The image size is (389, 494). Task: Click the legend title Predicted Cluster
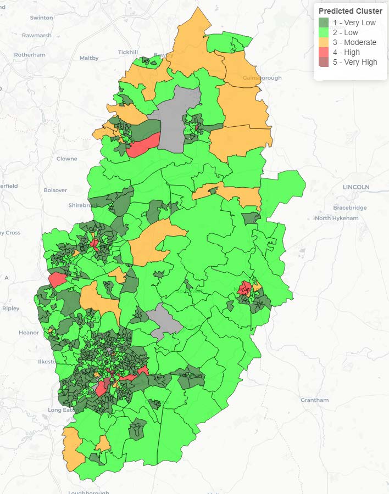point(350,11)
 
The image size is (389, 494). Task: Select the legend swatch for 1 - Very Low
point(324,23)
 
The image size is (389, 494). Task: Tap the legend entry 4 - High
point(346,52)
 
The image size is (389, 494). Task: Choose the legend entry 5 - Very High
point(355,62)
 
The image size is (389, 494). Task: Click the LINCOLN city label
point(356,187)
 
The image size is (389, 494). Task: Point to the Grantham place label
point(314,400)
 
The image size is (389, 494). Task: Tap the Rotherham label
point(29,55)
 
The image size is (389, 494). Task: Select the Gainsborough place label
point(262,78)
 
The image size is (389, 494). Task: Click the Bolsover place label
point(55,190)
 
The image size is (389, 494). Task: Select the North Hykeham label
point(337,218)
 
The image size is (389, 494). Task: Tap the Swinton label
point(41,18)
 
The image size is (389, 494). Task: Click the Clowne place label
point(67,159)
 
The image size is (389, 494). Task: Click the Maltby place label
point(89,58)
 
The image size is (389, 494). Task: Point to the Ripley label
point(10,308)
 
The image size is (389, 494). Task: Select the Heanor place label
point(29,333)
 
